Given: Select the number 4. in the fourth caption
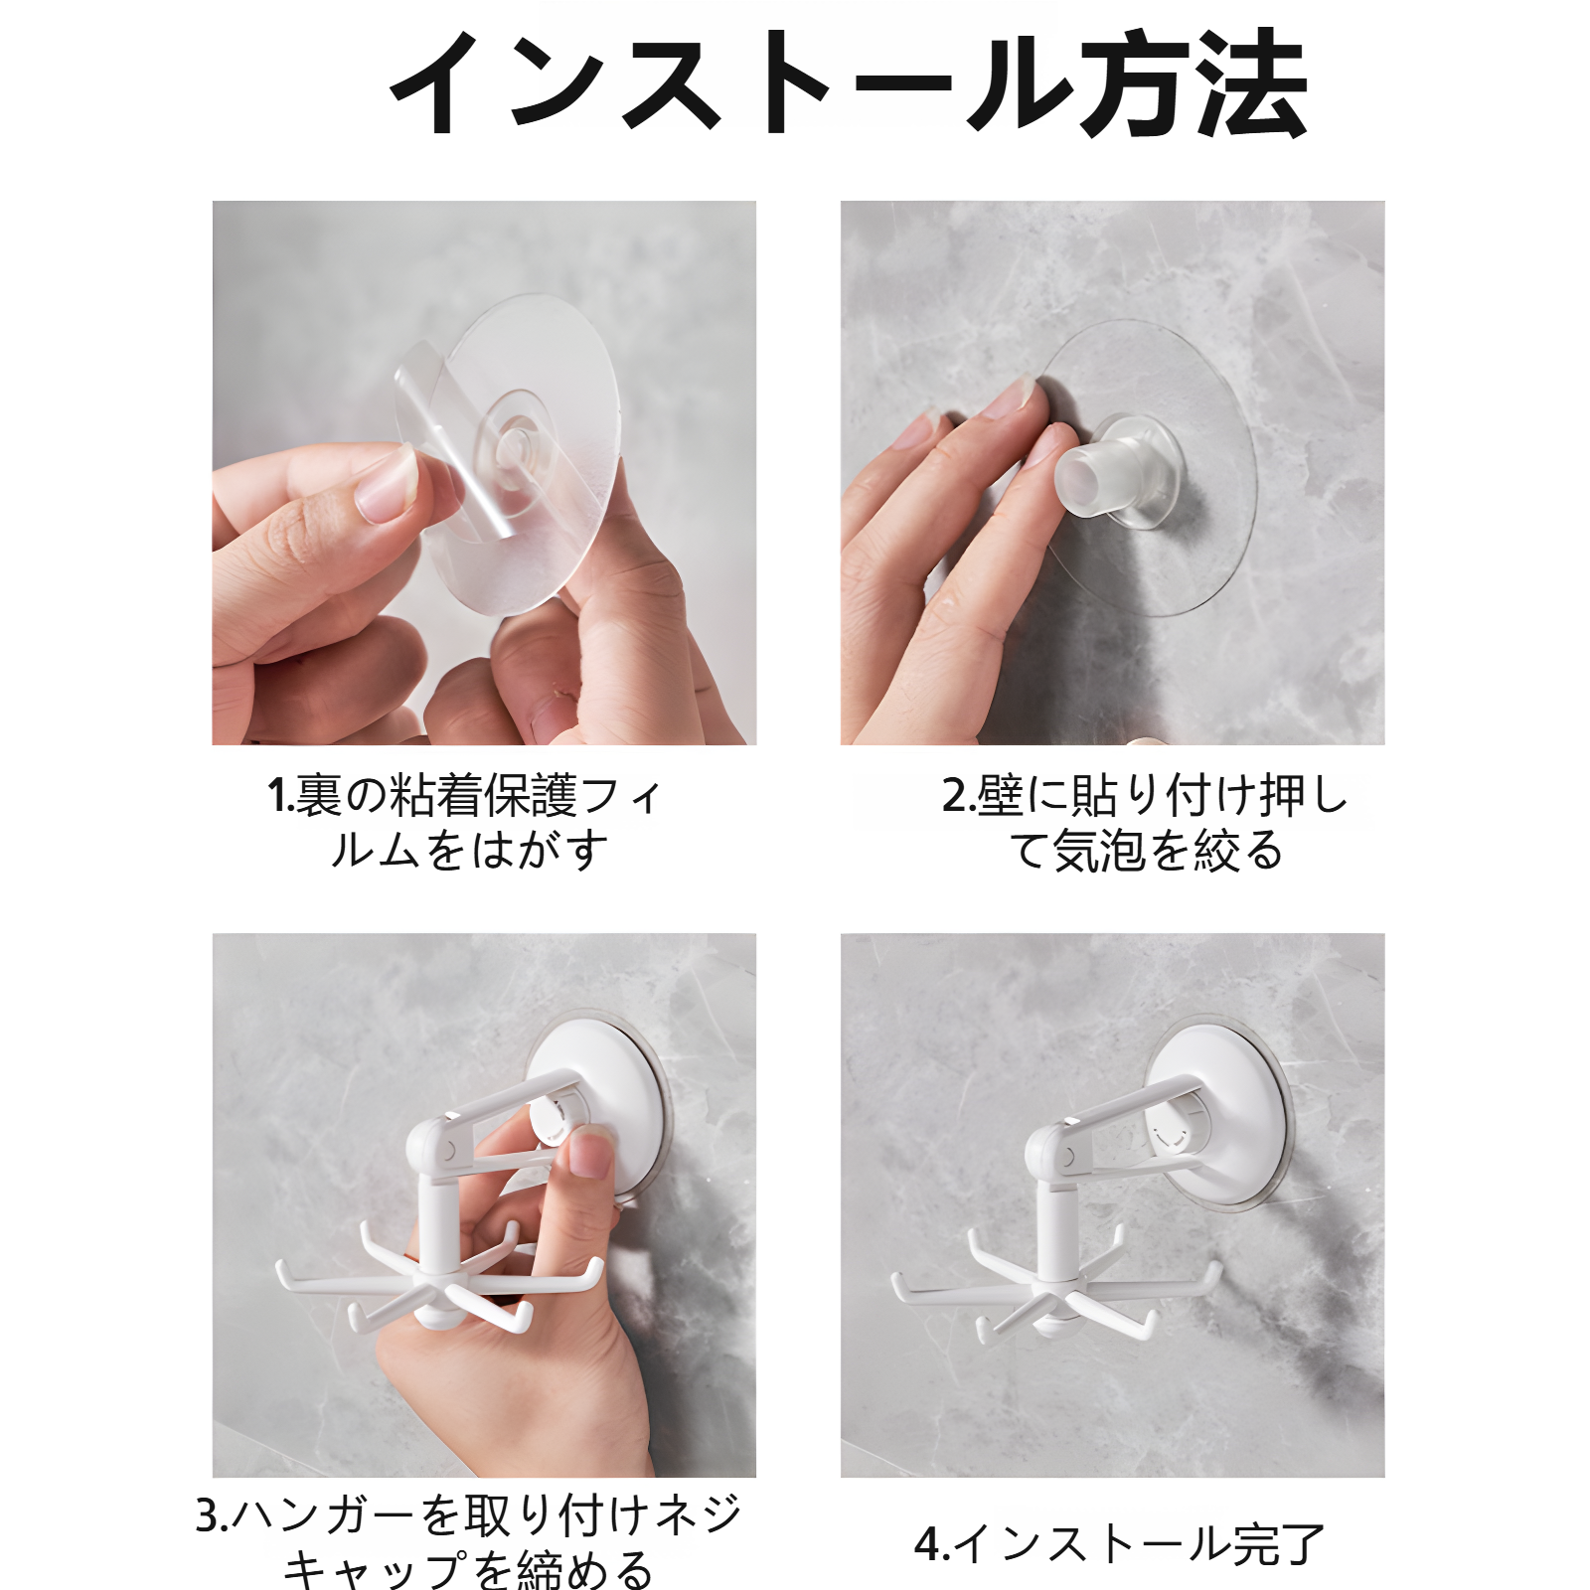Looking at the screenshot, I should click(x=931, y=1544).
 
